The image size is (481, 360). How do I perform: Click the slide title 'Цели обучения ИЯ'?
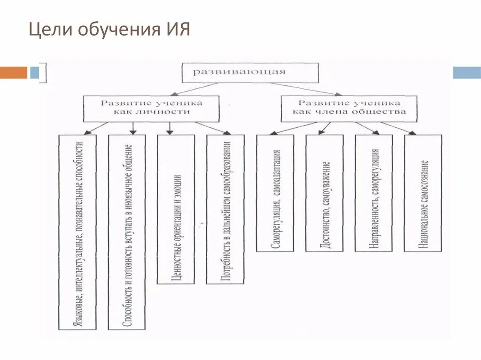pyautogui.click(x=109, y=31)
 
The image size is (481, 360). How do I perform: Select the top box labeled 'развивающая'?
pyautogui.click(x=250, y=72)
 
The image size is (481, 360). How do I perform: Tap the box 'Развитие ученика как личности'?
pyautogui.click(x=151, y=108)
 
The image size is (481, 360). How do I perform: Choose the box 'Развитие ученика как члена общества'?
pyautogui.click(x=349, y=108)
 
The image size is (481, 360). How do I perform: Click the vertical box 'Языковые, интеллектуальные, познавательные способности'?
pyautogui.click(x=78, y=232)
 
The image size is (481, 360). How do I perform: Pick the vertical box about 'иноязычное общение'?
pyautogui.click(x=127, y=232)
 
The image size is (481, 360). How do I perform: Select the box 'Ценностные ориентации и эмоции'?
pyautogui.click(x=176, y=209)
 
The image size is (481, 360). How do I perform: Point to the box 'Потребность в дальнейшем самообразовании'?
pyautogui.click(x=225, y=209)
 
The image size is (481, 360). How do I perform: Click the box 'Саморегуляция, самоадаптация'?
pyautogui.click(x=275, y=193)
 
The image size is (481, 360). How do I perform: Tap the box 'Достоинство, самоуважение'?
pyautogui.click(x=325, y=193)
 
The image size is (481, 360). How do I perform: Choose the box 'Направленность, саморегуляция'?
pyautogui.click(x=374, y=193)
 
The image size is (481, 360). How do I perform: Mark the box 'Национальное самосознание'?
pyautogui.click(x=423, y=193)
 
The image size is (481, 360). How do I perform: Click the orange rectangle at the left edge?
pyautogui.click(x=14, y=72)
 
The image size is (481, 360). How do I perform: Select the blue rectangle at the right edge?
pyautogui.click(x=467, y=72)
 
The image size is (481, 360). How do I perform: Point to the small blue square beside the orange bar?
pyautogui.click(x=34, y=72)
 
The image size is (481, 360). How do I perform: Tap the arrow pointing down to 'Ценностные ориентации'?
pyautogui.click(x=170, y=129)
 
